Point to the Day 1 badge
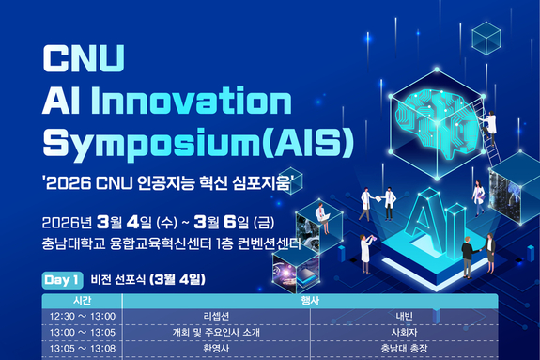click(62, 279)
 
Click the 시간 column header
click(81, 302)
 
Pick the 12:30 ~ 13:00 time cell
click(81, 317)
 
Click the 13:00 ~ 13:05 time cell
click(81, 332)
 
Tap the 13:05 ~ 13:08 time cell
click(81, 347)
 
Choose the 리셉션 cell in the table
click(216, 317)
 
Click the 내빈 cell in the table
click(404, 317)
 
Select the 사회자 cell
click(404, 332)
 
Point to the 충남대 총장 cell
click(404, 347)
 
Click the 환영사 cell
click(216, 347)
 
